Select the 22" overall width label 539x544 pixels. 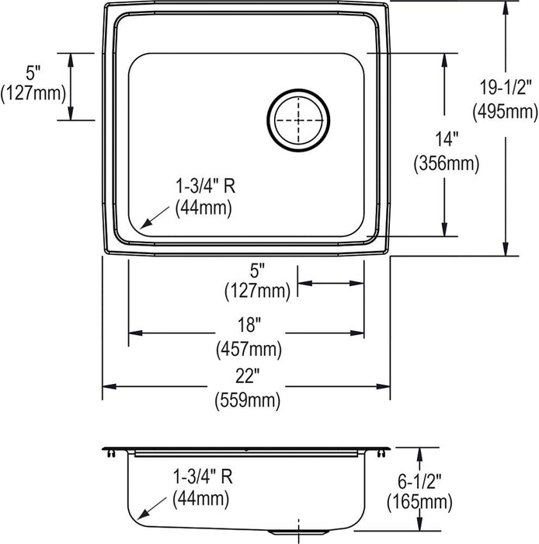pyautogui.click(x=248, y=376)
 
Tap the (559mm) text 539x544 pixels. pyautogui.click(x=248, y=401)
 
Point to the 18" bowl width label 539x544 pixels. pyautogui.click(x=249, y=325)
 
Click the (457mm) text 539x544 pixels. pyautogui.click(x=249, y=350)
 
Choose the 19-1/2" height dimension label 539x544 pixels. pyautogui.click(x=505, y=87)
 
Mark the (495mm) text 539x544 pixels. pyautogui.click(x=505, y=112)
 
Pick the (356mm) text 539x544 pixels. pyautogui.click(x=447, y=163)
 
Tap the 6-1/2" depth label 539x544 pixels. pyautogui.click(x=419, y=482)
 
